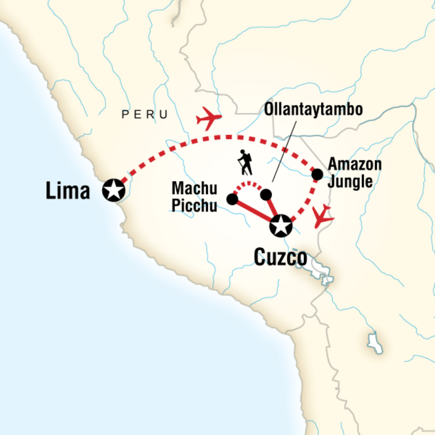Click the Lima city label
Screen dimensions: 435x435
point(68,190)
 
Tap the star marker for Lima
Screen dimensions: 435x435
point(114,190)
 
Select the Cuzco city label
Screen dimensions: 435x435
point(281,257)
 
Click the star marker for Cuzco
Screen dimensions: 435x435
point(281,226)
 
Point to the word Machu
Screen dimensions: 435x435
point(195,188)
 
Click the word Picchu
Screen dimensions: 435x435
point(194,206)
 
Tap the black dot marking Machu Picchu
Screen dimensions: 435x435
point(232,199)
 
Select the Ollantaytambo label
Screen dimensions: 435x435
point(314,109)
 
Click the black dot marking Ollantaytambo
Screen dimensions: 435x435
point(266,195)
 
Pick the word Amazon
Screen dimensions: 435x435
point(355,164)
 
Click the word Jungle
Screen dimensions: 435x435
point(350,182)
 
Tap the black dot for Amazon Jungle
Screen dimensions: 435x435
point(318,175)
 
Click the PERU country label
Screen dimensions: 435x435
point(145,114)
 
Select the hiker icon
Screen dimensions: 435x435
point(245,163)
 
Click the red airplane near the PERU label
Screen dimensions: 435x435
point(209,118)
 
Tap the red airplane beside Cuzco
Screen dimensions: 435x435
point(322,216)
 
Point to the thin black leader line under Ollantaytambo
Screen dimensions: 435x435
point(284,152)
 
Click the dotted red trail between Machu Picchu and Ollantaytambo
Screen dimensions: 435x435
point(248,184)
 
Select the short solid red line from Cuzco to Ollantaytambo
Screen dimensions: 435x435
point(272,208)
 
